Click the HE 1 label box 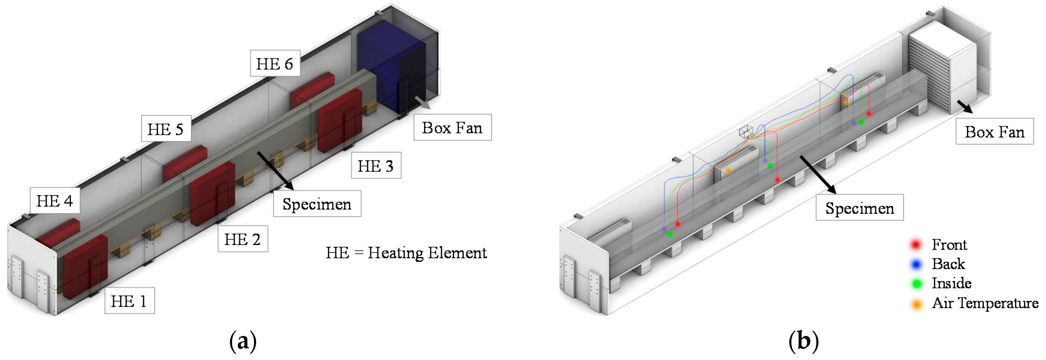click(129, 300)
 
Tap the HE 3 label click(376, 165)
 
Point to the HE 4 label click(55, 201)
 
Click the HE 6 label click(275, 63)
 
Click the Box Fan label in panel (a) click(452, 127)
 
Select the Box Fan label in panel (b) click(994, 131)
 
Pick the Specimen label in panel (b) click(860, 207)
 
